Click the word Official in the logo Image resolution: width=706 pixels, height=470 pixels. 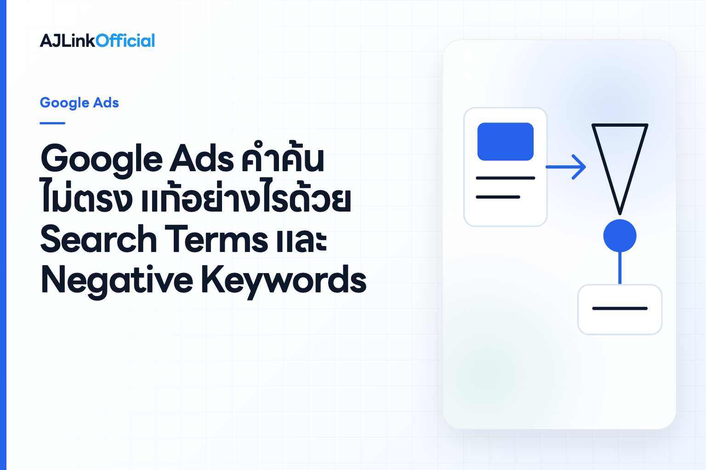point(125,40)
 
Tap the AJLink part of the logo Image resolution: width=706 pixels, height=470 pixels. point(68,40)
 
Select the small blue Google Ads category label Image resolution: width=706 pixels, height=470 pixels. point(79,103)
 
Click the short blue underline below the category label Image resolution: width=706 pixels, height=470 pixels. point(52,123)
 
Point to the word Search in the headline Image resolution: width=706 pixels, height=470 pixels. point(99,239)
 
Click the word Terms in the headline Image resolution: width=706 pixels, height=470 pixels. point(216,239)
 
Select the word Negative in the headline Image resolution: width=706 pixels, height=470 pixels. point(117,280)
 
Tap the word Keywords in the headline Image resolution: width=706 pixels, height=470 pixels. point(284,280)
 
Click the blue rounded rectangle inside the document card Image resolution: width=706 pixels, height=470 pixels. point(505,142)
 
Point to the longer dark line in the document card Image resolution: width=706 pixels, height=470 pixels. point(505,178)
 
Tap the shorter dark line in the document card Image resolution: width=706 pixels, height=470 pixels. point(498,197)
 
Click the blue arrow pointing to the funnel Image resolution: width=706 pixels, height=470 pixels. point(566,167)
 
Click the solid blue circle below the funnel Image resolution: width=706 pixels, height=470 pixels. point(620,236)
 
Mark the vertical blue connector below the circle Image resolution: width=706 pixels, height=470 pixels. point(620,268)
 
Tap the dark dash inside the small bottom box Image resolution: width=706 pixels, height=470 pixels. point(620,308)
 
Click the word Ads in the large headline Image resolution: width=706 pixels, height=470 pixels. point(202,159)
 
